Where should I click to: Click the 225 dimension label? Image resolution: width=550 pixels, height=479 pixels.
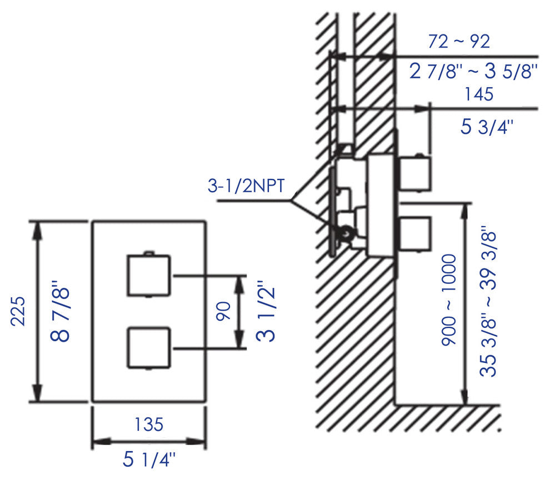coord(18,311)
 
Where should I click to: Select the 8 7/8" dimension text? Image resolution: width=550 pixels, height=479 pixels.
coord(60,311)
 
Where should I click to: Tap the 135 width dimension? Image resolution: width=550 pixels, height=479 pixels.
coord(149,424)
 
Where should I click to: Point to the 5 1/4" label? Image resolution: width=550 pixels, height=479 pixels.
coord(149,460)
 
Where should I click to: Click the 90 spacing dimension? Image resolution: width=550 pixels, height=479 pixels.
coord(223,311)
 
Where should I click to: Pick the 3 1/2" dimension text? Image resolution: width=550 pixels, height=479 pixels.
coord(266,311)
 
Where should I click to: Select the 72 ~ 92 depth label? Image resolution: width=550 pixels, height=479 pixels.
coord(459,42)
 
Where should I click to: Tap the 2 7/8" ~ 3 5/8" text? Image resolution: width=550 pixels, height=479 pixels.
coord(473,72)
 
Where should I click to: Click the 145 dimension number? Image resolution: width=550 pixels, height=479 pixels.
coord(479,94)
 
